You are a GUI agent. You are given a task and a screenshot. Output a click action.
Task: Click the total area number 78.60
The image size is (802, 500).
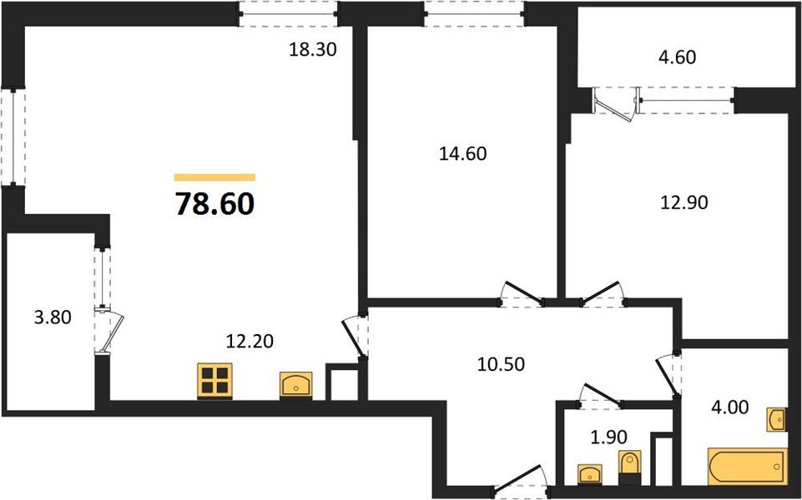(214, 203)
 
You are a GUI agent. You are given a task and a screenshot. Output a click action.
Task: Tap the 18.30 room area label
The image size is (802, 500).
(312, 50)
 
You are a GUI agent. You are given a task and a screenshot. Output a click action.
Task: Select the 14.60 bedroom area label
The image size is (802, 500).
(462, 153)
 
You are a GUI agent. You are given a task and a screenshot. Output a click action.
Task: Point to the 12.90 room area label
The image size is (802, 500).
(683, 202)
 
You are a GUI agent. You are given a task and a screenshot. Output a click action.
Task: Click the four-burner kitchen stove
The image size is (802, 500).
(214, 380)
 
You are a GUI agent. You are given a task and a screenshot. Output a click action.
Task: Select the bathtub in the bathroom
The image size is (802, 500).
(746, 467)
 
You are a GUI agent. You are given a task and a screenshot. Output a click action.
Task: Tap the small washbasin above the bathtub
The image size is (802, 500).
(776, 419)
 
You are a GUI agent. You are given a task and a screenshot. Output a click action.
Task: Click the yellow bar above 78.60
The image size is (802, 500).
(214, 177)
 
